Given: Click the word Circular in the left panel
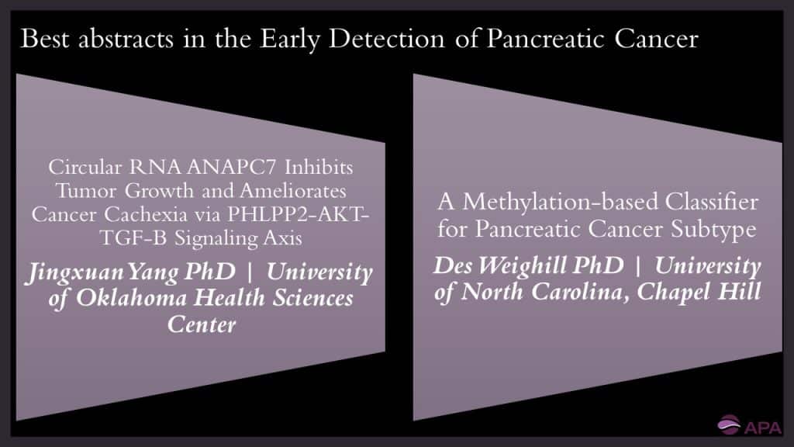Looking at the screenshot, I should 76,167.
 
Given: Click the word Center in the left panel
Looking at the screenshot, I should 202,324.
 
